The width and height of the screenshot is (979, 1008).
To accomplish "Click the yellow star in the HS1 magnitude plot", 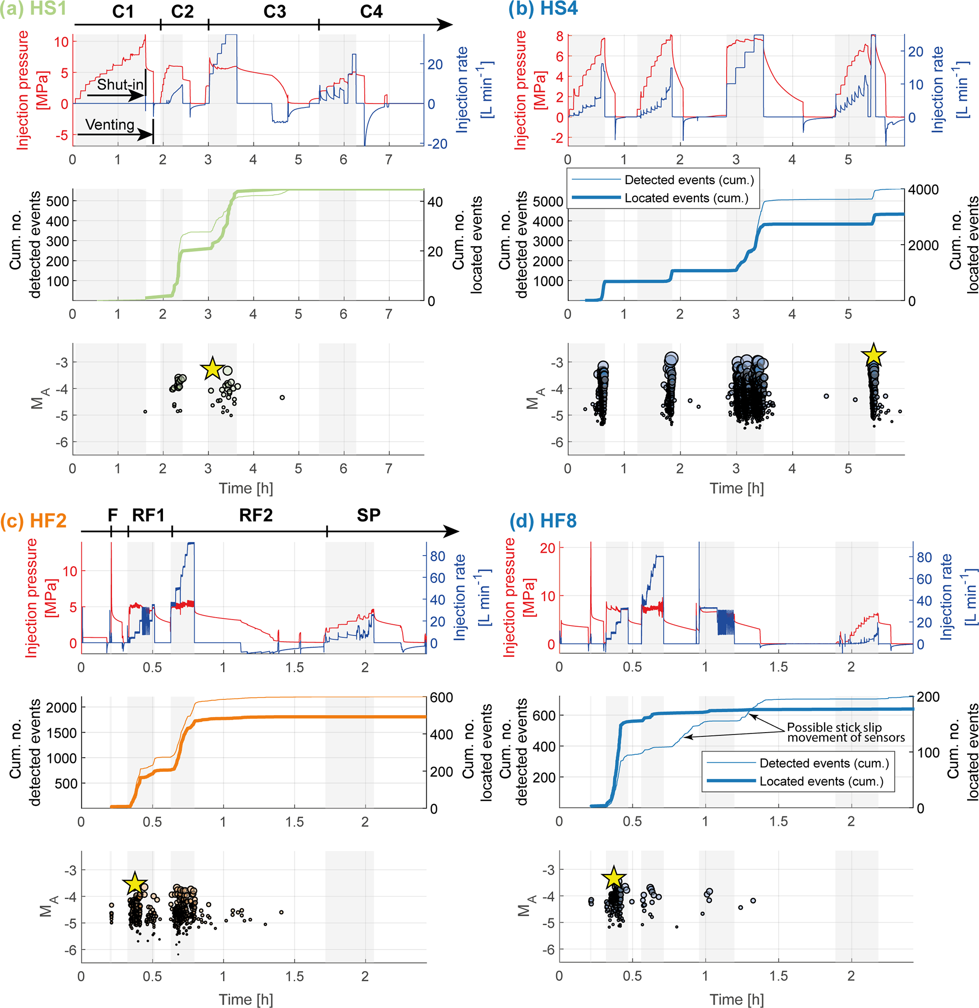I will [212, 368].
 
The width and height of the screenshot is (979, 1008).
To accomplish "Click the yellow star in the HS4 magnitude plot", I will [873, 355].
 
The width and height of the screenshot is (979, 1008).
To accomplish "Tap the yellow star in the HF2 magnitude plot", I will [135, 884].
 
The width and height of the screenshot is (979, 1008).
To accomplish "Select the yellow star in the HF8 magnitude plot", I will [613, 878].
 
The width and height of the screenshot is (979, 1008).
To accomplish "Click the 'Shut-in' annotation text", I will [120, 84].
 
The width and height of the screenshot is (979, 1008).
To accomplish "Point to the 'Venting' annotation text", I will [109, 124].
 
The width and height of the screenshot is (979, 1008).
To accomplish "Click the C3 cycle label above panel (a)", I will [274, 11].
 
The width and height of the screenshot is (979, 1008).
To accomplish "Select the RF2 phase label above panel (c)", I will [256, 515].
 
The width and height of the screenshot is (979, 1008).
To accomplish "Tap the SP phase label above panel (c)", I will [368, 515].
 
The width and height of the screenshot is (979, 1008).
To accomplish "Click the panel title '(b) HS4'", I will [543, 9].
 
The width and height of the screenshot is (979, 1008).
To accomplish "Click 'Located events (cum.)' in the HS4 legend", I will [686, 198].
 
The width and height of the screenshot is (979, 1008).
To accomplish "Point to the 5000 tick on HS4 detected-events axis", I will [548, 201].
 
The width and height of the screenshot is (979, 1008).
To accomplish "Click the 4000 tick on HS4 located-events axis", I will [923, 190].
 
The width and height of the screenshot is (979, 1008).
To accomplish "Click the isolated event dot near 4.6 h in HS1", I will [282, 398].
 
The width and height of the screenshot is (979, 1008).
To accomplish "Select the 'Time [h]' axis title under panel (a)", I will [245, 488].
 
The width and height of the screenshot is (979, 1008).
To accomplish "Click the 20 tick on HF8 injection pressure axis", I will [547, 548].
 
